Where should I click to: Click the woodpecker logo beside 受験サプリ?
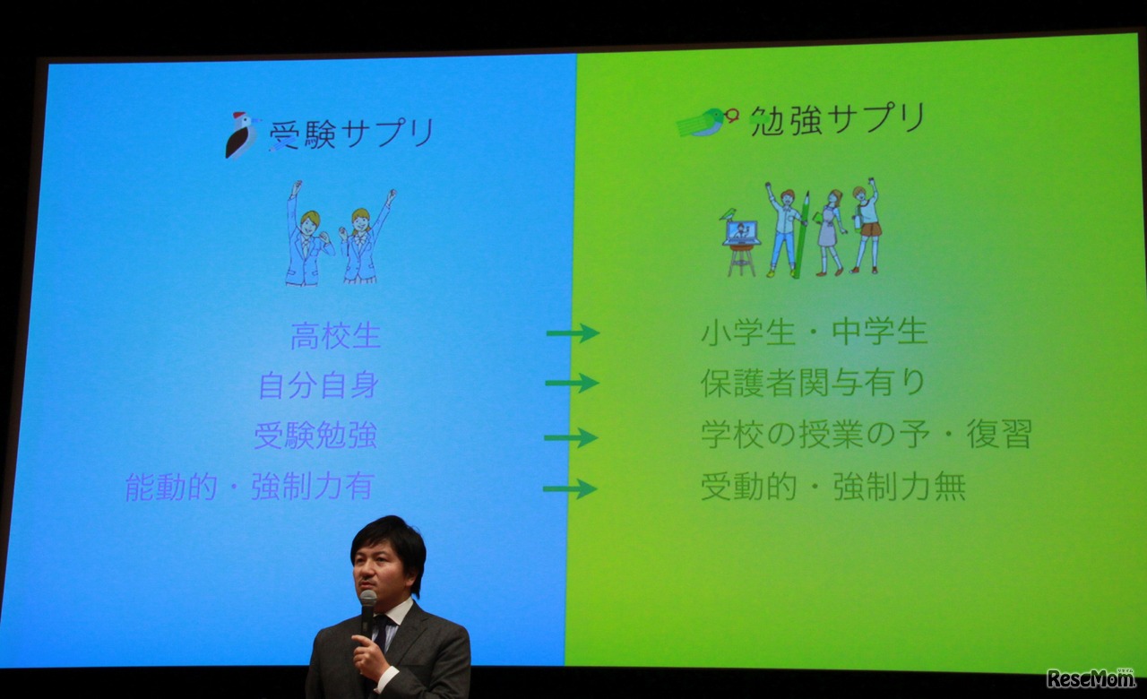coord(240,135)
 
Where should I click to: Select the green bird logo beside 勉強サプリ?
coord(706,121)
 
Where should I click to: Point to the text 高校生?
coord(335,337)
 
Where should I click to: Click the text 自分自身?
coord(318,386)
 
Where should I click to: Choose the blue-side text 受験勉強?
coord(315,436)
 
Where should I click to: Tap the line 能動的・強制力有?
coord(249,487)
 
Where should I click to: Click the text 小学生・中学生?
coord(814,333)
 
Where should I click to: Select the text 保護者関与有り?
coord(813,384)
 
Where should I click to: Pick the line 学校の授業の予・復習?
coord(866,435)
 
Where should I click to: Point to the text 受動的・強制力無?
coord(832,487)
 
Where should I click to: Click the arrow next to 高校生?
coord(573,333)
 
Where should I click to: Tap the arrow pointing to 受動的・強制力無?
coord(570,488)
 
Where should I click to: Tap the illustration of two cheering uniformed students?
coord(340,234)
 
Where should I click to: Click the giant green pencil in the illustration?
coord(802,235)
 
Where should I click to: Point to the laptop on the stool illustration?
coord(741,233)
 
